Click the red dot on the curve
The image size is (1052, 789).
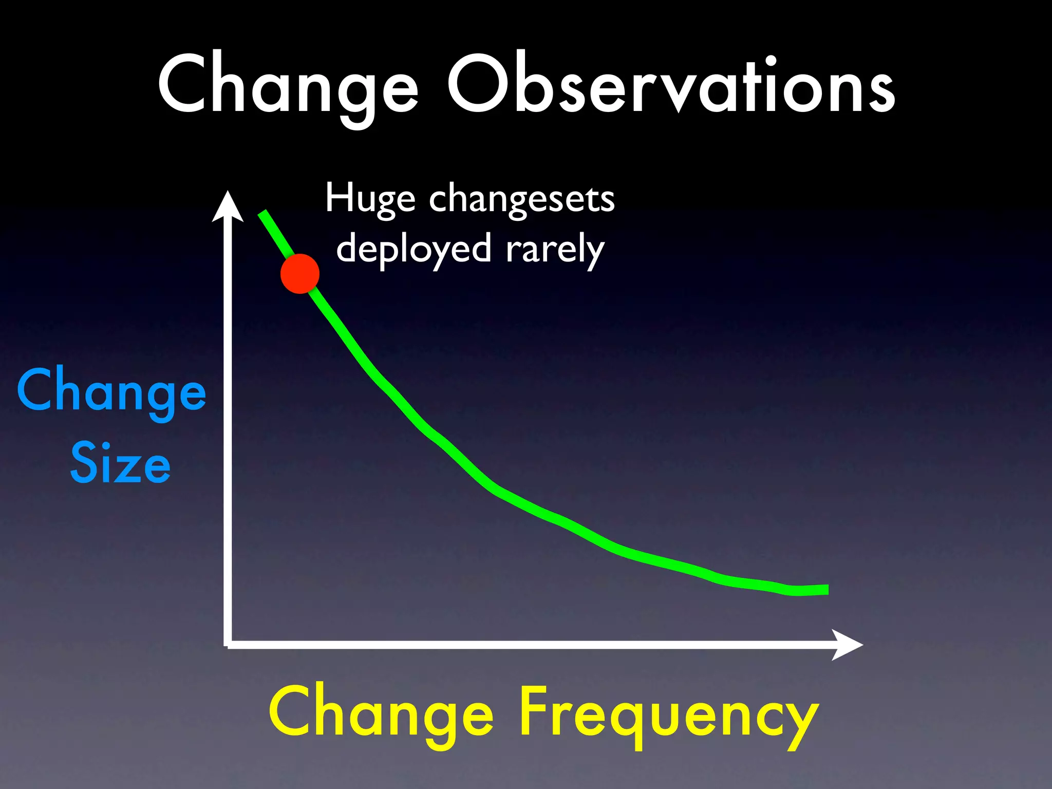[300, 274]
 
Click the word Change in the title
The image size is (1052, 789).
[288, 85]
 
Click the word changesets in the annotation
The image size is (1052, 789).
[521, 199]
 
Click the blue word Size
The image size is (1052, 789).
[120, 464]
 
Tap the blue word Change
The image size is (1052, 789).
[111, 391]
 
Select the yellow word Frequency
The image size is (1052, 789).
[668, 715]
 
